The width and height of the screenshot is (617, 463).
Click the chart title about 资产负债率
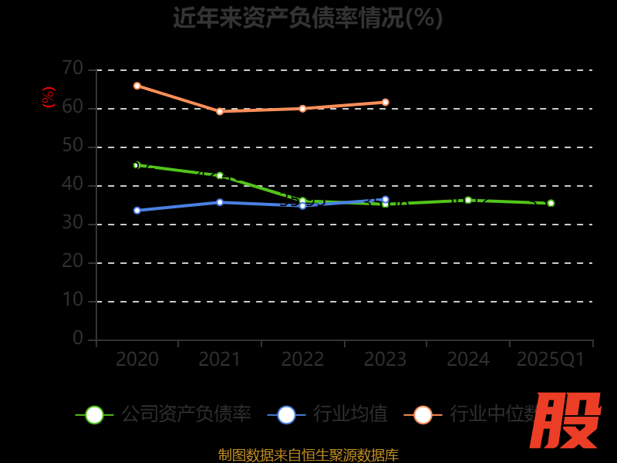coord(308,17)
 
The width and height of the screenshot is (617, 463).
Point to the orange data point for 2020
coord(137,86)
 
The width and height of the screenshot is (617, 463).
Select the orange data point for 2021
coord(220,111)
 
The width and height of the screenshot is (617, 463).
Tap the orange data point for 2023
coord(386,102)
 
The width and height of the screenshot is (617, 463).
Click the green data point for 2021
coord(220,176)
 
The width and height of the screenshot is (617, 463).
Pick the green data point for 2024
coord(468,200)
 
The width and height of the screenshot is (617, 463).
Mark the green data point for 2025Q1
coord(551,203)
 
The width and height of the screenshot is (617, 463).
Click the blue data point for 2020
coord(137,210)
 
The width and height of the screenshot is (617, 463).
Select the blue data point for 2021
coord(220,202)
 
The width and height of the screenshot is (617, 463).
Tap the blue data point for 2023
coord(386,199)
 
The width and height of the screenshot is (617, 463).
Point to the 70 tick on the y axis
coord(72,69)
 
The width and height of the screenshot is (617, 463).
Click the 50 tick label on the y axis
coord(72,146)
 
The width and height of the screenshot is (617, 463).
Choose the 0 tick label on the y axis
coord(78,338)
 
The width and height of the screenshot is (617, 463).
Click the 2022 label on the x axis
coord(302,359)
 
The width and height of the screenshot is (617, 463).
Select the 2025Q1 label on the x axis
coord(551,359)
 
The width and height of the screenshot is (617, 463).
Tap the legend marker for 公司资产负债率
coord(94,414)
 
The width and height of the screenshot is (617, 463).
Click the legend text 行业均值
coord(350,414)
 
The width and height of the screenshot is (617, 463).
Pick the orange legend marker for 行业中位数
coord(423,414)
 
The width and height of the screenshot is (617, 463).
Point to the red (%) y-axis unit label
coord(49,97)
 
